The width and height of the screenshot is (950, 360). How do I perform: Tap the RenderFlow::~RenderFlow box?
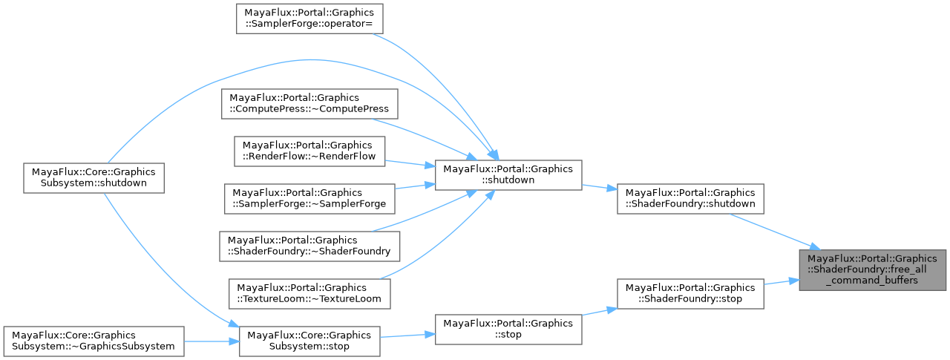tap(309, 150)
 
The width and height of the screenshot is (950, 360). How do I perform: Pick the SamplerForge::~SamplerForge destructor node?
tap(309, 199)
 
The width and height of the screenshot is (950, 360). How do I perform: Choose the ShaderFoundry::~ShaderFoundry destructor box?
tap(309, 246)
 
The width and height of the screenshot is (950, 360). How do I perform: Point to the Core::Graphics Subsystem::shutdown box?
tap(93, 178)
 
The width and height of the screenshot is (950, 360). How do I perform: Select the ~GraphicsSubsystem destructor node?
tap(93, 341)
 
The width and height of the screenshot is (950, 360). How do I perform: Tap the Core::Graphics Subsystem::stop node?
tap(309, 341)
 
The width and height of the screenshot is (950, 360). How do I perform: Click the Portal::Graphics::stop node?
tap(508, 329)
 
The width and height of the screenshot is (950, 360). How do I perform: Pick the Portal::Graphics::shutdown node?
tap(508, 175)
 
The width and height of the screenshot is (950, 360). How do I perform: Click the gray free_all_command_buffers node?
tap(874, 269)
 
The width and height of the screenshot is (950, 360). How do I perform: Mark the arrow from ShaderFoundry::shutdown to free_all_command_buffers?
tap(772, 231)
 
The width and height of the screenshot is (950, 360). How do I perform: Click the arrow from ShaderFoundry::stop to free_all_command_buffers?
tap(779, 283)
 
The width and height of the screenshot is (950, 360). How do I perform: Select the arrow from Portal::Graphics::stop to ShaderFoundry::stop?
tap(600, 312)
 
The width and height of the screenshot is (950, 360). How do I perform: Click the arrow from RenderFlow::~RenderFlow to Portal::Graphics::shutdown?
tap(408, 163)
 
